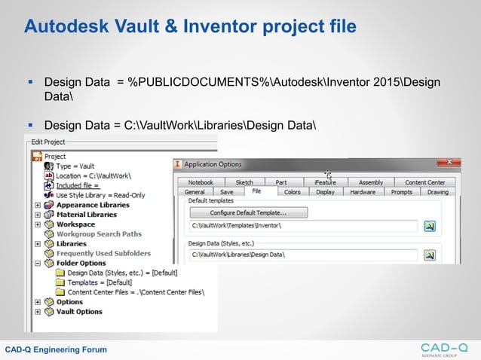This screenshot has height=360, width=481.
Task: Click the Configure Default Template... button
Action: [x=247, y=212]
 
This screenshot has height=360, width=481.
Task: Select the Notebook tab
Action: [x=201, y=182]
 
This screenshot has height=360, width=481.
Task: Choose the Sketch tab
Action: [x=244, y=182]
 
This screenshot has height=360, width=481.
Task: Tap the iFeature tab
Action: [x=325, y=182]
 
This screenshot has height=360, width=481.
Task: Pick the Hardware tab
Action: [x=363, y=192]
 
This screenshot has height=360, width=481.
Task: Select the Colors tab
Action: [x=292, y=192]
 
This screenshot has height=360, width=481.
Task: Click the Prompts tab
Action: [x=402, y=192]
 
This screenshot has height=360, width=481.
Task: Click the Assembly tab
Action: [x=371, y=182]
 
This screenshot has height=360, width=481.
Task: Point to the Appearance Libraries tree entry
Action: [x=93, y=205]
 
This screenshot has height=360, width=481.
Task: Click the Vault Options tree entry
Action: [x=79, y=312]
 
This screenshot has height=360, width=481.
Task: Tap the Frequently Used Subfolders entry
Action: [x=103, y=254]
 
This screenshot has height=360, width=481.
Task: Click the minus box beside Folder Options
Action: [x=38, y=264]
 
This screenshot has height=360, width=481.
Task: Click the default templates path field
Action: [x=302, y=225]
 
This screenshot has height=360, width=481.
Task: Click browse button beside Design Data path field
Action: [x=430, y=255]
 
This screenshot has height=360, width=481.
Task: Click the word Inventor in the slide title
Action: [x=234, y=27]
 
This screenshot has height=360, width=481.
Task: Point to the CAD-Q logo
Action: [x=444, y=348]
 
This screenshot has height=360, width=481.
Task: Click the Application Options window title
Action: [x=213, y=163]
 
